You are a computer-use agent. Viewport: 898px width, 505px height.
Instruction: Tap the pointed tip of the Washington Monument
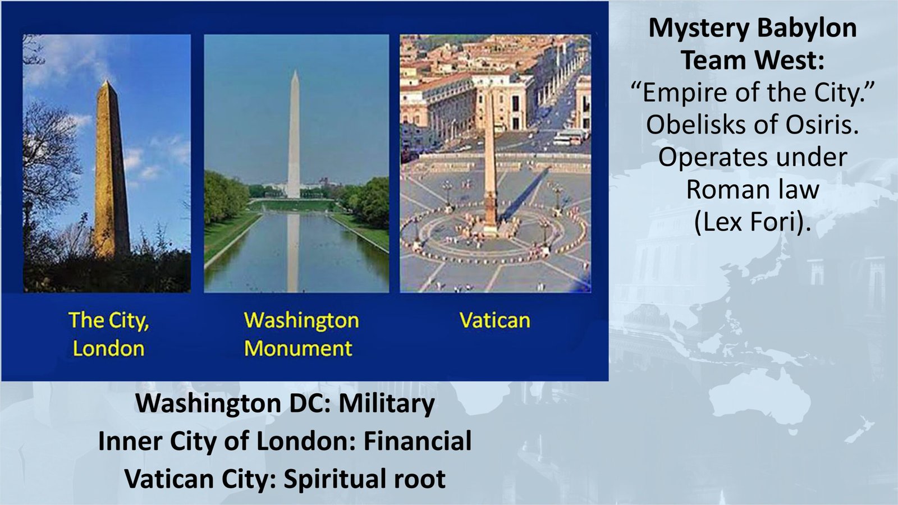(x=294, y=73)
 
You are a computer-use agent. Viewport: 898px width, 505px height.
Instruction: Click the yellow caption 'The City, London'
(x=108, y=334)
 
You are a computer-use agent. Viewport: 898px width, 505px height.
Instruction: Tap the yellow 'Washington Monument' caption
(x=301, y=334)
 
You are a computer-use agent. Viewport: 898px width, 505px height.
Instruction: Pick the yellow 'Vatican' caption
(x=494, y=320)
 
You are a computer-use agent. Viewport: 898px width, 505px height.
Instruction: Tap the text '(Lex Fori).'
(x=753, y=222)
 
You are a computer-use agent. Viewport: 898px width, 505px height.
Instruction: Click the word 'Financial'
(x=417, y=441)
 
